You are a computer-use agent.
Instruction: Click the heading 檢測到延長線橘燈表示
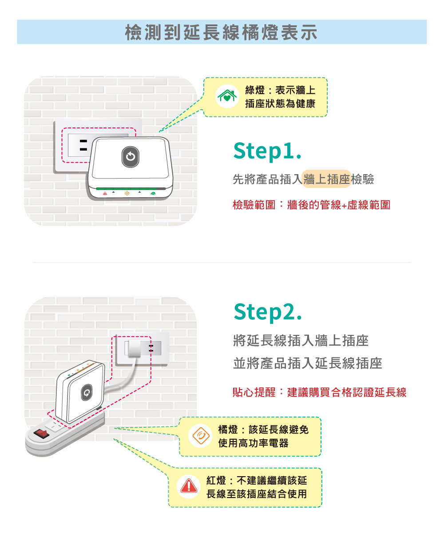[x=222, y=32]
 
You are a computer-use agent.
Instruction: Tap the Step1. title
[x=268, y=151]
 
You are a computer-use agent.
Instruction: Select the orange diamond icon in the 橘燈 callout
[x=200, y=436]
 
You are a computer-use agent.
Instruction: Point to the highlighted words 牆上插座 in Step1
[x=326, y=179]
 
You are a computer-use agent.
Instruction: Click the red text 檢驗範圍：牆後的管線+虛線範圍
[x=311, y=205]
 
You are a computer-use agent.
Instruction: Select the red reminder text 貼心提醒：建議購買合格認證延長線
[x=319, y=392]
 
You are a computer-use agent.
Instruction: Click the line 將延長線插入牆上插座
[x=301, y=341]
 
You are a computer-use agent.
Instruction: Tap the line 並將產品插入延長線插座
[x=307, y=364]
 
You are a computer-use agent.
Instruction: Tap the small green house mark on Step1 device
[x=153, y=193]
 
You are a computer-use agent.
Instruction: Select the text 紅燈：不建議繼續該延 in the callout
[x=256, y=481]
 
